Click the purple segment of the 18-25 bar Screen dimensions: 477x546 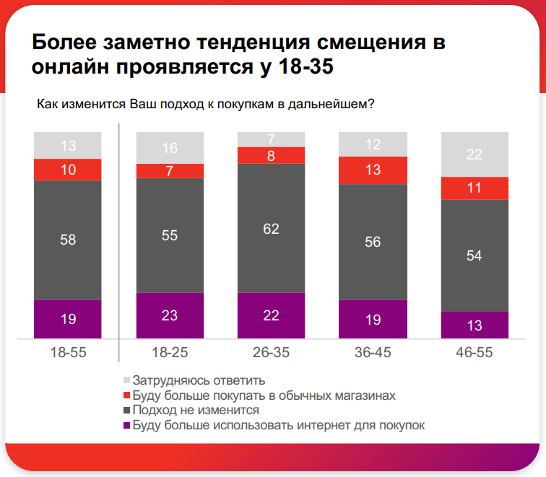170,315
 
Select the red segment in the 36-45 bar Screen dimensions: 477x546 373,170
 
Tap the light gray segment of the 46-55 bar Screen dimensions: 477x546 474,154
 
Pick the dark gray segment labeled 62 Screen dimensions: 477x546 271,228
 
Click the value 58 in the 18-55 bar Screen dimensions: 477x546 68,240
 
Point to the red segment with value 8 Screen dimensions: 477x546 271,155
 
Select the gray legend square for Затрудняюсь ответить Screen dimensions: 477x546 126,380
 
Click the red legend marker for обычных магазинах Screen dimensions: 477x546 126,395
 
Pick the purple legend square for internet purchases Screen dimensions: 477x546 126,425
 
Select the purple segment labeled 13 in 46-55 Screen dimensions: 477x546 474,325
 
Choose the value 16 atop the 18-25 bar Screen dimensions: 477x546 170,149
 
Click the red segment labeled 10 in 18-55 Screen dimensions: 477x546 68,170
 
